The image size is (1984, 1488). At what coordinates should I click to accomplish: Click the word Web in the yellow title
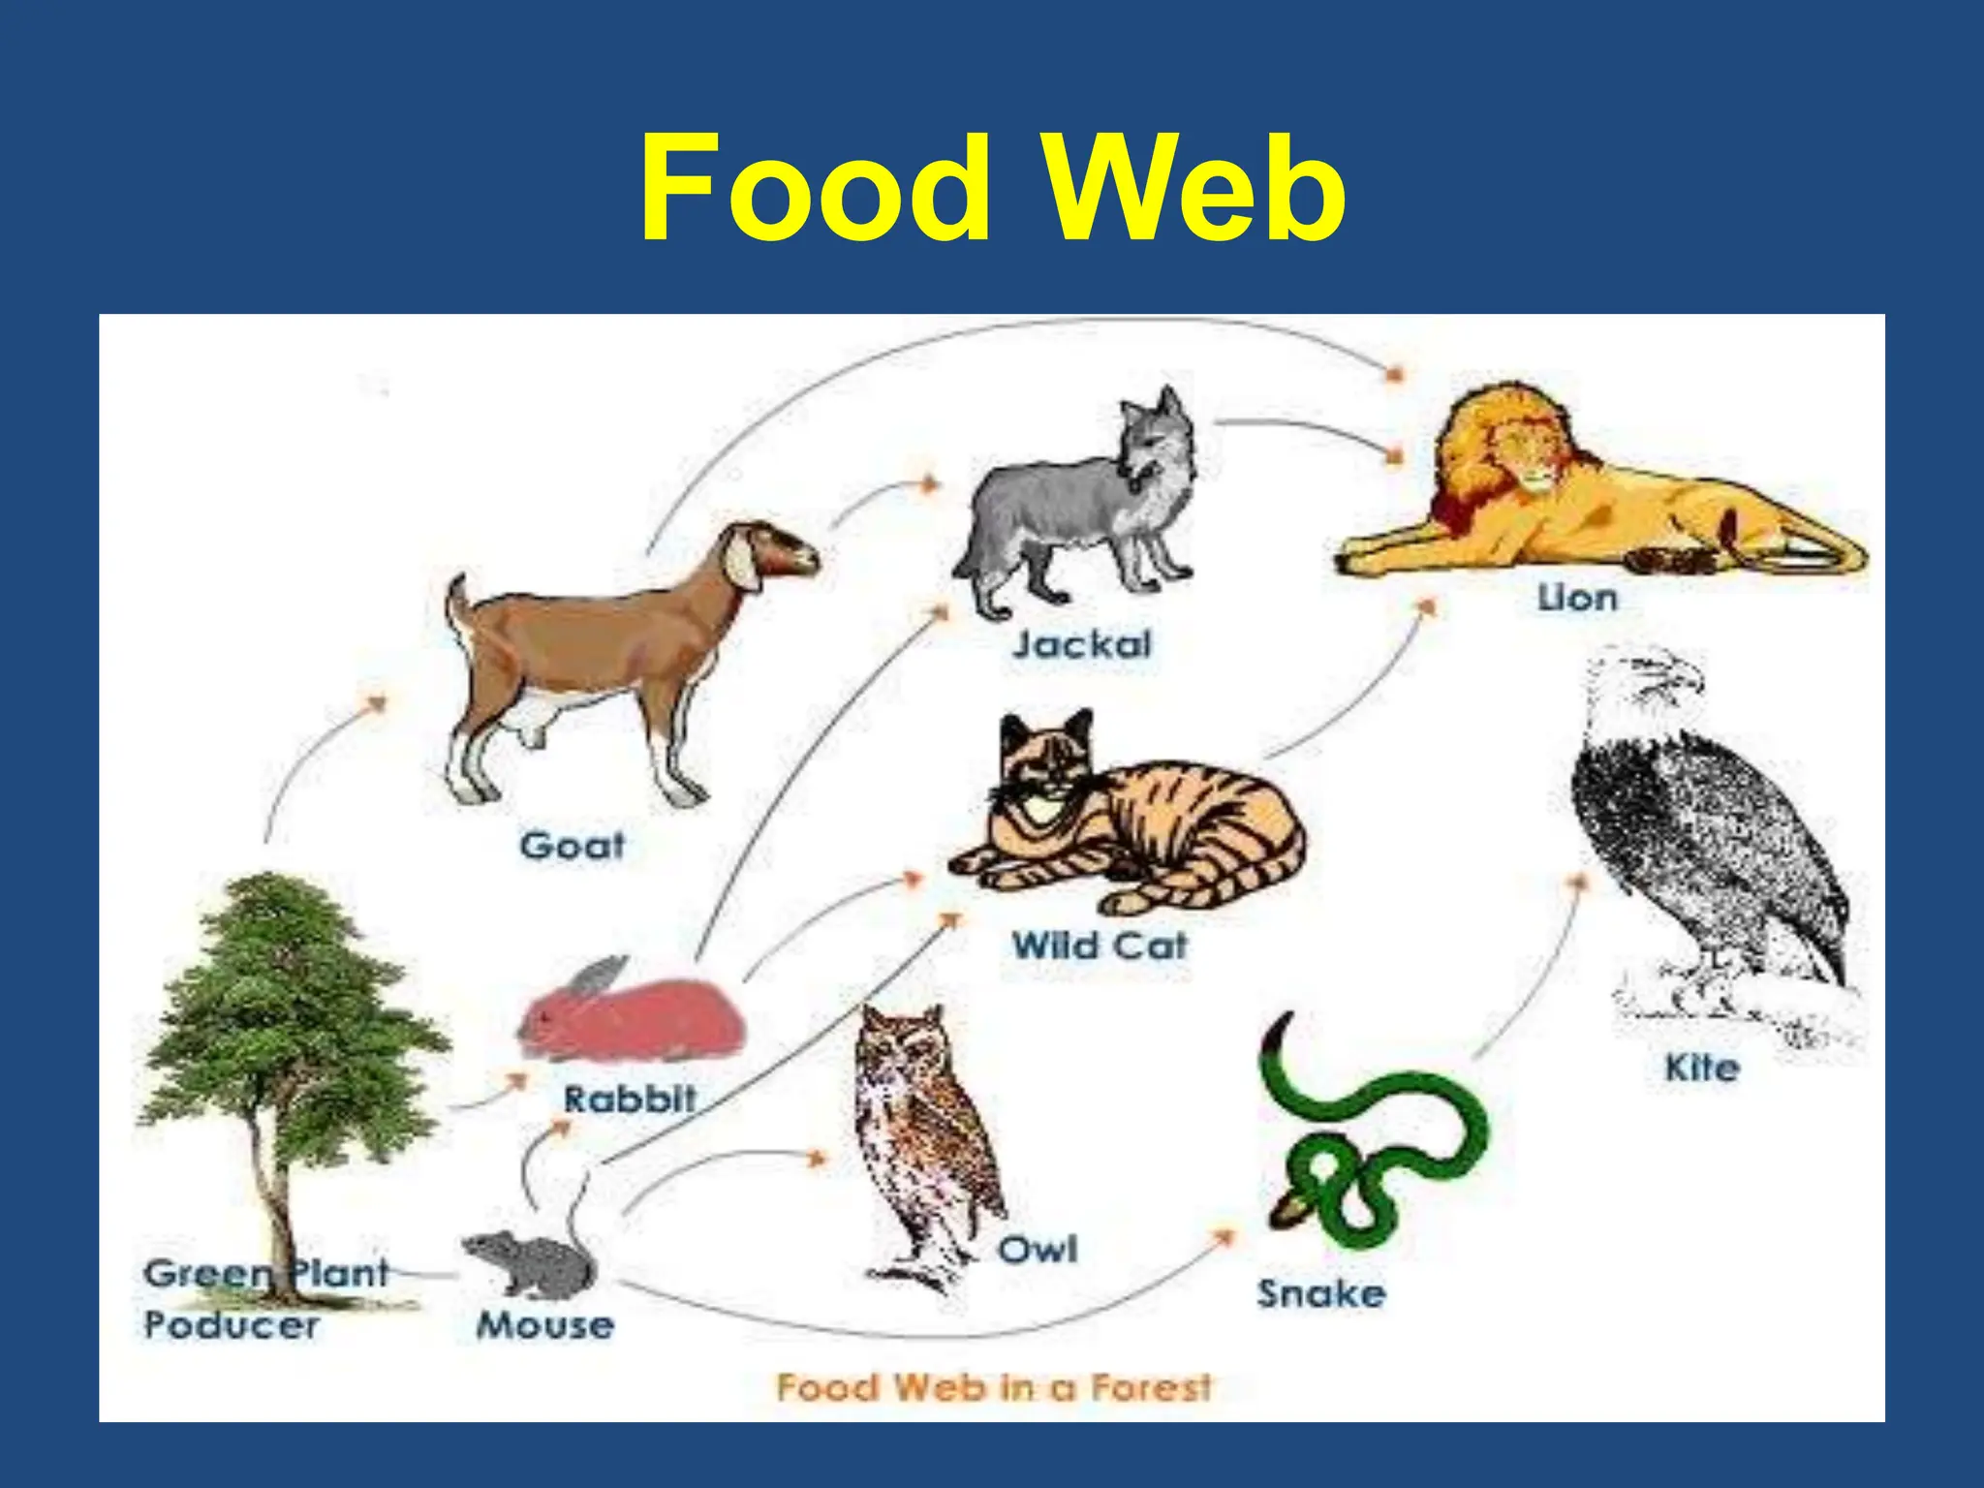coord(1199,190)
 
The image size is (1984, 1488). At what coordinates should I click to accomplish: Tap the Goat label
coord(572,846)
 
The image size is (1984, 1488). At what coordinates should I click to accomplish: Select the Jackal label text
coord(1082,644)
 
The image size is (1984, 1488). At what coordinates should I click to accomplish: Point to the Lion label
coord(1577,598)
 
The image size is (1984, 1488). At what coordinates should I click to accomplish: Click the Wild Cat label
coord(1099,945)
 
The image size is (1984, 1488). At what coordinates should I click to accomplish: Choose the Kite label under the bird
coord(1701,1069)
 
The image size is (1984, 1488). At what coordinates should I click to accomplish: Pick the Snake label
coord(1320,1294)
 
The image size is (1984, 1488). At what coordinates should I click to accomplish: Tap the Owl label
coord(1038,1250)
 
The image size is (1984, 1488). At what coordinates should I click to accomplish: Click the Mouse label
coord(544,1325)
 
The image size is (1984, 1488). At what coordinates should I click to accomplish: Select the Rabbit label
coord(630,1100)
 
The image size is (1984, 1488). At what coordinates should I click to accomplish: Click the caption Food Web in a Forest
coord(993,1387)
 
